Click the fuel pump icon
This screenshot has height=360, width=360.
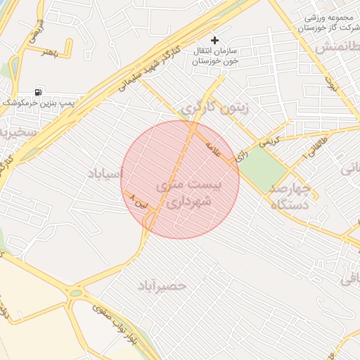[37, 92]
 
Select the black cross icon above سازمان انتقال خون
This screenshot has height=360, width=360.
[215, 41]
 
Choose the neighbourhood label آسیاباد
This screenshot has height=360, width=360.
[105, 172]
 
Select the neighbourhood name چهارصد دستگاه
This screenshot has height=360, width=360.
[290, 196]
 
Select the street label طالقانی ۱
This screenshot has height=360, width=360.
[308, 147]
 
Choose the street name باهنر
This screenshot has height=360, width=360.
[48, 52]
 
